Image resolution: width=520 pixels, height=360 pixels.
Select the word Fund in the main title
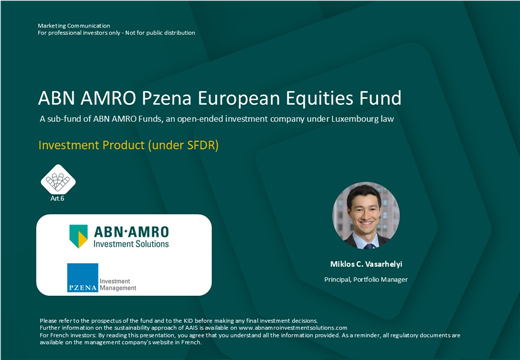coord(377,98)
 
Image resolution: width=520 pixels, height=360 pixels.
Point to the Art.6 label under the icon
coord(57,198)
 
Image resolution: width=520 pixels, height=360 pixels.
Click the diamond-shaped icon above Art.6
coord(57,179)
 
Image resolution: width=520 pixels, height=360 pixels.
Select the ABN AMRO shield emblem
coord(78,237)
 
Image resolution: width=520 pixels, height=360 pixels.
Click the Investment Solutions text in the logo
coord(131,244)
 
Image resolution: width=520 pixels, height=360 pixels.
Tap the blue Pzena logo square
coord(82,277)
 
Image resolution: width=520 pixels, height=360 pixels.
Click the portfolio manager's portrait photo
coord(366,215)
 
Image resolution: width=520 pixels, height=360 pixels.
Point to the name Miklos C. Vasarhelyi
coord(366,264)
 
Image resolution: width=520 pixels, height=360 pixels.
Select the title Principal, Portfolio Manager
coord(366,279)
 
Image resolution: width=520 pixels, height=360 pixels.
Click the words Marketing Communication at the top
coord(74,25)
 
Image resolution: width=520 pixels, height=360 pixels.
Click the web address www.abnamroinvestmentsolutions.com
coord(293,328)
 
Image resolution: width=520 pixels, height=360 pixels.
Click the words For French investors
coord(63,335)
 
